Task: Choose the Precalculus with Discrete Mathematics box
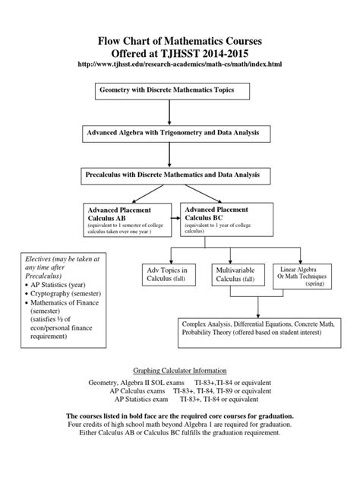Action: click(174, 175)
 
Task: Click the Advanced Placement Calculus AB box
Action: click(128, 218)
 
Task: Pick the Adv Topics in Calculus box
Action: click(166, 276)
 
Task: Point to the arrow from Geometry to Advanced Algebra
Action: click(168, 112)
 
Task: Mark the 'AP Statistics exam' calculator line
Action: click(179, 397)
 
